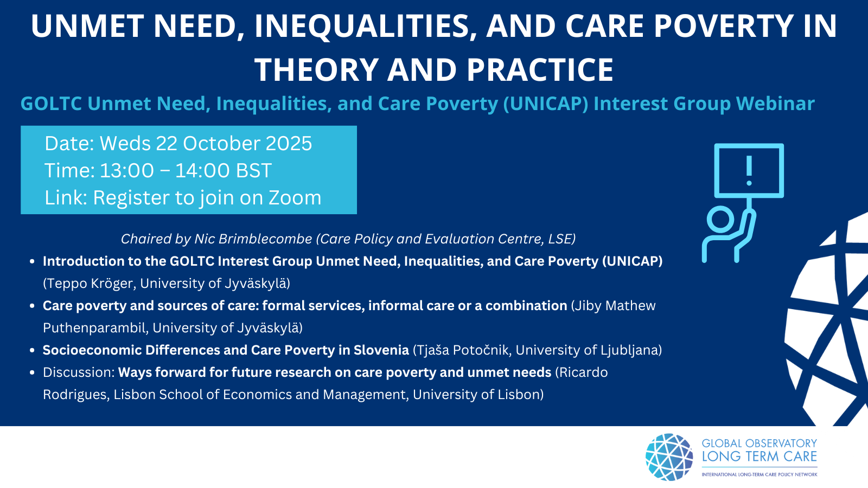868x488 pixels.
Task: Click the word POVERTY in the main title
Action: point(719,26)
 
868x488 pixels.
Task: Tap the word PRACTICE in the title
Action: point(540,70)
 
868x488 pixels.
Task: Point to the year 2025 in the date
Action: point(289,143)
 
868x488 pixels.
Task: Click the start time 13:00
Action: point(127,170)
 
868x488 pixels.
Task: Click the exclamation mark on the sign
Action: point(749,170)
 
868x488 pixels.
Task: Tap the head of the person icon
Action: point(720,220)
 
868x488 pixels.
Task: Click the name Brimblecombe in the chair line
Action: point(253,239)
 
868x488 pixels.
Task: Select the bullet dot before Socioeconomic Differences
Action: point(33,350)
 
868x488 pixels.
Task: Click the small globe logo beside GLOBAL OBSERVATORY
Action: point(669,457)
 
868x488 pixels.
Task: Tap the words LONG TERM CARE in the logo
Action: point(759,457)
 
